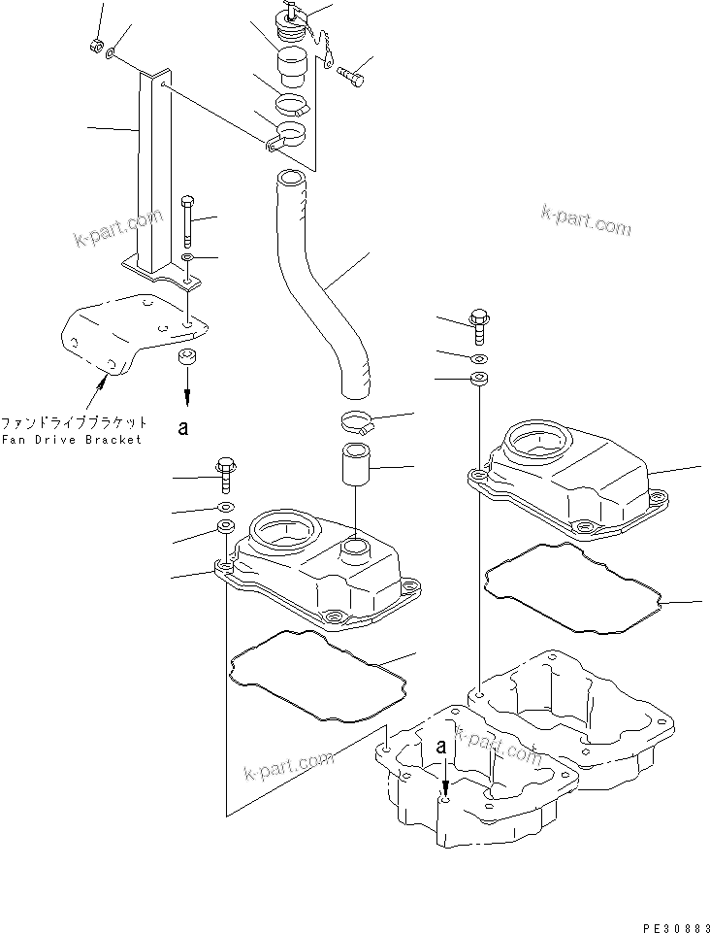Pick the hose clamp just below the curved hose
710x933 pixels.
[x=359, y=420]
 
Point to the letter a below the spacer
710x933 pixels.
[x=182, y=425]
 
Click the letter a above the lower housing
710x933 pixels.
[x=441, y=748]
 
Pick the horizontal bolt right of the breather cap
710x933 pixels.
[x=353, y=71]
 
